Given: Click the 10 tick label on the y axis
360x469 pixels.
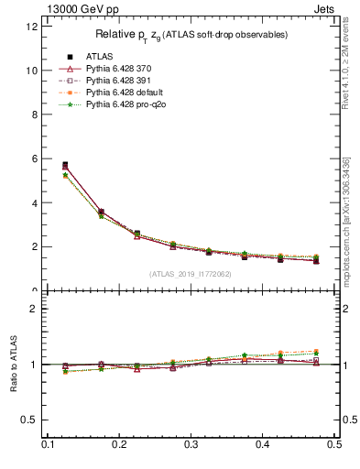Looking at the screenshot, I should (x=32, y=71).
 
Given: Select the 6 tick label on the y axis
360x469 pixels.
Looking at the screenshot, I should (x=35, y=158).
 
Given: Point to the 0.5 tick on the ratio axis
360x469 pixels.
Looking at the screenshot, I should (x=30, y=420).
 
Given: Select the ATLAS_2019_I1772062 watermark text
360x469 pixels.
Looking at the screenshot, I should (x=191, y=274).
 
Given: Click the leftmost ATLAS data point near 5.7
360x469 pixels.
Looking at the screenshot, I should (x=64, y=165).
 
